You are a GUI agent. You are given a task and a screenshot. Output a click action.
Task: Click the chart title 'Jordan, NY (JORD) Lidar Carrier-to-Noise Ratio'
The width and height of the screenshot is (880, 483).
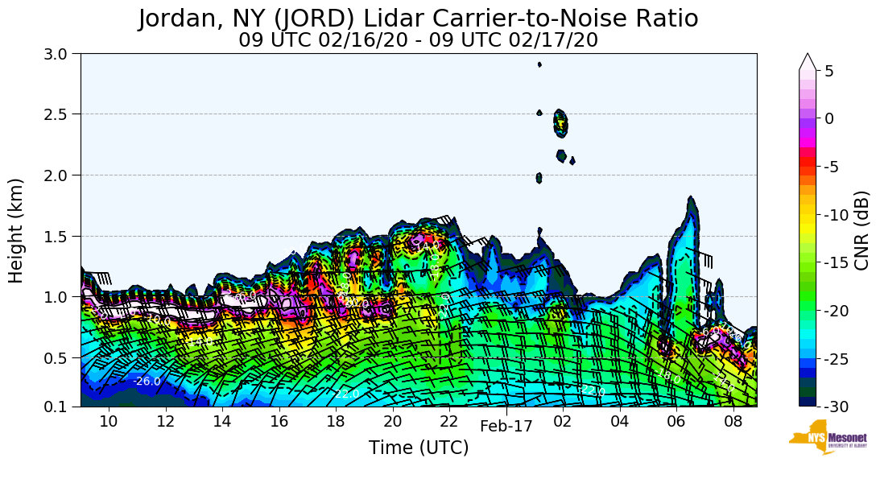pyautogui.click(x=418, y=19)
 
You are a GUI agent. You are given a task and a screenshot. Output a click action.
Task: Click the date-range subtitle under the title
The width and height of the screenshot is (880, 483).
pyautogui.click(x=418, y=40)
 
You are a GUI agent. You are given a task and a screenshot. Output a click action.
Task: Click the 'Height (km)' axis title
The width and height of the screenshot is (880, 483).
pyautogui.click(x=16, y=230)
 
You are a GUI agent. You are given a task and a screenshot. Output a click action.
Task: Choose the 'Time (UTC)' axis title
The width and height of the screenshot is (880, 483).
pyautogui.click(x=418, y=448)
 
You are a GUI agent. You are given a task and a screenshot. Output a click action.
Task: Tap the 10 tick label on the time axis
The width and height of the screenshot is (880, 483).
pyautogui.click(x=109, y=423)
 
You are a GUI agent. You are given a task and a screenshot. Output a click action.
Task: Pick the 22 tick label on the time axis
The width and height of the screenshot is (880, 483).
pyautogui.click(x=449, y=423)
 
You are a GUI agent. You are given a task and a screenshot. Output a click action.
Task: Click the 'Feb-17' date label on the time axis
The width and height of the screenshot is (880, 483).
pyautogui.click(x=506, y=427)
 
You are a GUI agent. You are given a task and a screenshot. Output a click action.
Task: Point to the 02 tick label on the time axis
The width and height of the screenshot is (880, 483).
pyautogui.click(x=563, y=423)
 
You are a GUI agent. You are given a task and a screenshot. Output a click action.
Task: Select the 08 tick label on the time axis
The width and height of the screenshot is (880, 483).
pyautogui.click(x=733, y=423)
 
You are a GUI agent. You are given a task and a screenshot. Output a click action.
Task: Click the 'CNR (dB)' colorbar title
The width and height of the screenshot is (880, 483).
pyautogui.click(x=862, y=230)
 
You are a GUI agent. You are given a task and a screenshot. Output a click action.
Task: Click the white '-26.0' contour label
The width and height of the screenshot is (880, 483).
pyautogui.click(x=147, y=382)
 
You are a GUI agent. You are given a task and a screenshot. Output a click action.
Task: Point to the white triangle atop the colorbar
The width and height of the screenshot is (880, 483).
pyautogui.click(x=808, y=61)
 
